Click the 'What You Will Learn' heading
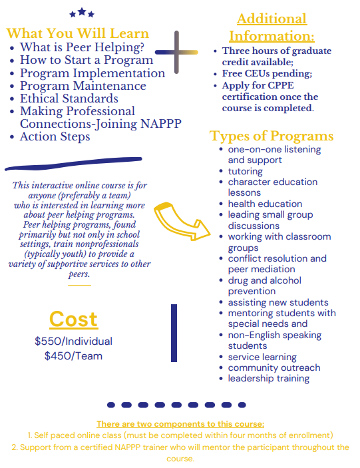(78, 33)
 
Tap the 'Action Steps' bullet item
(55, 136)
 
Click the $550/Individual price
(73, 341)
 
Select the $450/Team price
(73, 355)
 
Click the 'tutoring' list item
(246, 171)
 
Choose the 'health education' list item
(265, 204)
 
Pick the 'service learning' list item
(262, 357)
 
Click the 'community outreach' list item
(274, 367)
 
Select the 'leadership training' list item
(269, 378)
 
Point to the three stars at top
(82, 13)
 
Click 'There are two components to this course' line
(180, 423)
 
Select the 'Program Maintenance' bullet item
(83, 86)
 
